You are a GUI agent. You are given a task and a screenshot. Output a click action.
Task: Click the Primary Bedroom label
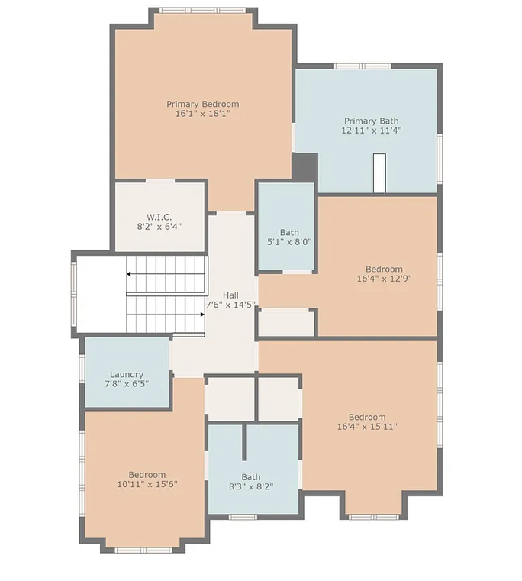pos(203,104)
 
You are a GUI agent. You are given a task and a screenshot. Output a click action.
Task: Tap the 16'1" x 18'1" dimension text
pos(203,114)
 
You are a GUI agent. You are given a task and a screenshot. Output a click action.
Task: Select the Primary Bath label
pos(371,121)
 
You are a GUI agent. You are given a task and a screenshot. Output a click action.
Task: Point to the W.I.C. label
pos(159,217)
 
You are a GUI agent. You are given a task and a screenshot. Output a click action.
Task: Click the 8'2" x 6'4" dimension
pos(159,227)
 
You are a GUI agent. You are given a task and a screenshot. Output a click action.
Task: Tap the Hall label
pos(230,295)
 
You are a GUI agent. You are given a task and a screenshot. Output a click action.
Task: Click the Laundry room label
pos(127,375)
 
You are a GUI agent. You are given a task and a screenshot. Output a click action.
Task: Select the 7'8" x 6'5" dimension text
pos(127,384)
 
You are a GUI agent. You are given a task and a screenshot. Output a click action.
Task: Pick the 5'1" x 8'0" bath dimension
pos(289,242)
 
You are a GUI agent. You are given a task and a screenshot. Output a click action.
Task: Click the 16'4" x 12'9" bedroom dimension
pos(384,278)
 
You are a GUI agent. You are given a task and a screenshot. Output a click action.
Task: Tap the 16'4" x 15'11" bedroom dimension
pos(367,427)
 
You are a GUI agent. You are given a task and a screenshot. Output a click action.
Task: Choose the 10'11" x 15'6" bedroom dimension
pos(147,484)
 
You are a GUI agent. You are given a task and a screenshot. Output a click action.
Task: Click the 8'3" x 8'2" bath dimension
pos(251,486)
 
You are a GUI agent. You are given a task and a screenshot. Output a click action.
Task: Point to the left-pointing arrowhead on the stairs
pos(128,274)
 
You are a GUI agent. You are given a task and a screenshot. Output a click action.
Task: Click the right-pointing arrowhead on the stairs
pos(202,315)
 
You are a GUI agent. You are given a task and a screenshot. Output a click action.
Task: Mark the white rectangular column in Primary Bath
pos(379,173)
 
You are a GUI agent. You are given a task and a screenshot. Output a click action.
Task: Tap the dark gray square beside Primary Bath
pos(305,167)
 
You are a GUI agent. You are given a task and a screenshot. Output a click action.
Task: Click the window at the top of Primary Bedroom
pos(203,10)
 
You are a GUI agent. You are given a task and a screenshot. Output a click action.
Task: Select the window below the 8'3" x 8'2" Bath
pos(243,517)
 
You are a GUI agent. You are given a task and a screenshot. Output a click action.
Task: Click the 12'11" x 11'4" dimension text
pos(372,131)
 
